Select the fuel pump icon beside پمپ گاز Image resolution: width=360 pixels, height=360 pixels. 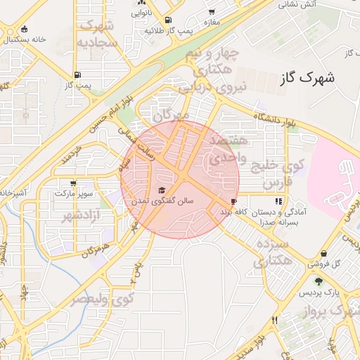(x=77, y=75)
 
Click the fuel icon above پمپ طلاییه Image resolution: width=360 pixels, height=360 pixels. (x=167, y=20)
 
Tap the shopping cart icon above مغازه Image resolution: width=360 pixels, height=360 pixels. (x=212, y=12)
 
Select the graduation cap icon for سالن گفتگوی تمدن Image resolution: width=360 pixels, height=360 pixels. (x=161, y=190)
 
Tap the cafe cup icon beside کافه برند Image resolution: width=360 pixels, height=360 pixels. (x=233, y=201)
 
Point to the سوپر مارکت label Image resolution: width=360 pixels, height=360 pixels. (x=74, y=192)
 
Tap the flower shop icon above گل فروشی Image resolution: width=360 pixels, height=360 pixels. (x=323, y=254)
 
